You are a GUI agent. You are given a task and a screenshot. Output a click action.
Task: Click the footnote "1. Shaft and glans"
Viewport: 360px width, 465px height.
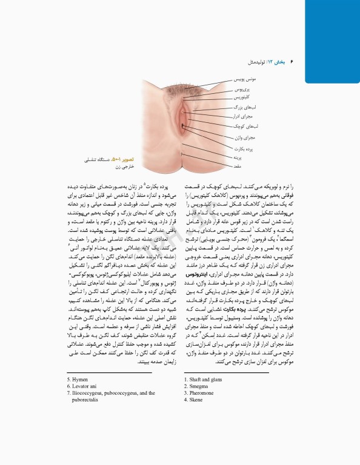point(204,380)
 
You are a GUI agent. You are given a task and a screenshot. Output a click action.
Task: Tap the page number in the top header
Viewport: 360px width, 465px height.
point(292,62)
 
